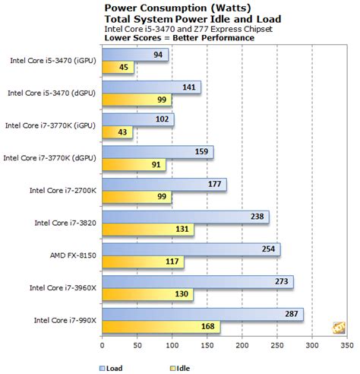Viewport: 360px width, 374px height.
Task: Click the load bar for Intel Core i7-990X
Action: coord(201,314)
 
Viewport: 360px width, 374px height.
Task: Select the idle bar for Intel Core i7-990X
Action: coord(160,328)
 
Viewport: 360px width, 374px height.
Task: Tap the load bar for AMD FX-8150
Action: coord(190,249)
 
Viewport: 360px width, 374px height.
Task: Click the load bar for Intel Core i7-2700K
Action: coord(163,183)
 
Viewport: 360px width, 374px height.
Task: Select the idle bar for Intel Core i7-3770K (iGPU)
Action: coord(117,132)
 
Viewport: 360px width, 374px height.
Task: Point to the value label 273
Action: coord(281,281)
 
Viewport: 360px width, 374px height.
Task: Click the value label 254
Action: coord(268,249)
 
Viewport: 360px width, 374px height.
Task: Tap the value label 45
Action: coord(124,68)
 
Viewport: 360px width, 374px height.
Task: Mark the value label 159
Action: coord(201,151)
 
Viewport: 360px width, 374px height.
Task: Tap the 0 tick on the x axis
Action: coord(101,349)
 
